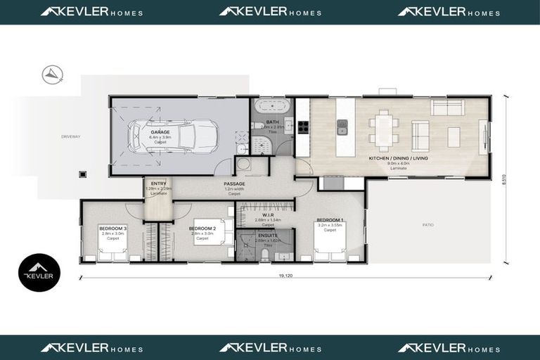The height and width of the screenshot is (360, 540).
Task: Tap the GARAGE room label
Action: point(160,131)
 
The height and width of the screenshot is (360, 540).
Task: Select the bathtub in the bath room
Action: point(271,108)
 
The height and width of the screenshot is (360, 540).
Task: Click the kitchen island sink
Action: point(342,127)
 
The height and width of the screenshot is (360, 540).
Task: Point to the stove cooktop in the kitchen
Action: point(303,127)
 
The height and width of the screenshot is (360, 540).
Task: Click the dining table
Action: point(385,129)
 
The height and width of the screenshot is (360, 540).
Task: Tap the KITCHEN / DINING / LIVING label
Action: point(398,159)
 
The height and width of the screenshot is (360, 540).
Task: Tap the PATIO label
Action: point(428,225)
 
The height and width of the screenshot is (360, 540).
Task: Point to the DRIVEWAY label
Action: point(70,136)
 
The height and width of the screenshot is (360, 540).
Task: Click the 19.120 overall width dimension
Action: point(285,276)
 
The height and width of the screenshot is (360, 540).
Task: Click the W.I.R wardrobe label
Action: point(258,215)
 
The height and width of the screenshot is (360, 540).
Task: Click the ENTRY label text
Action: point(158,184)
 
